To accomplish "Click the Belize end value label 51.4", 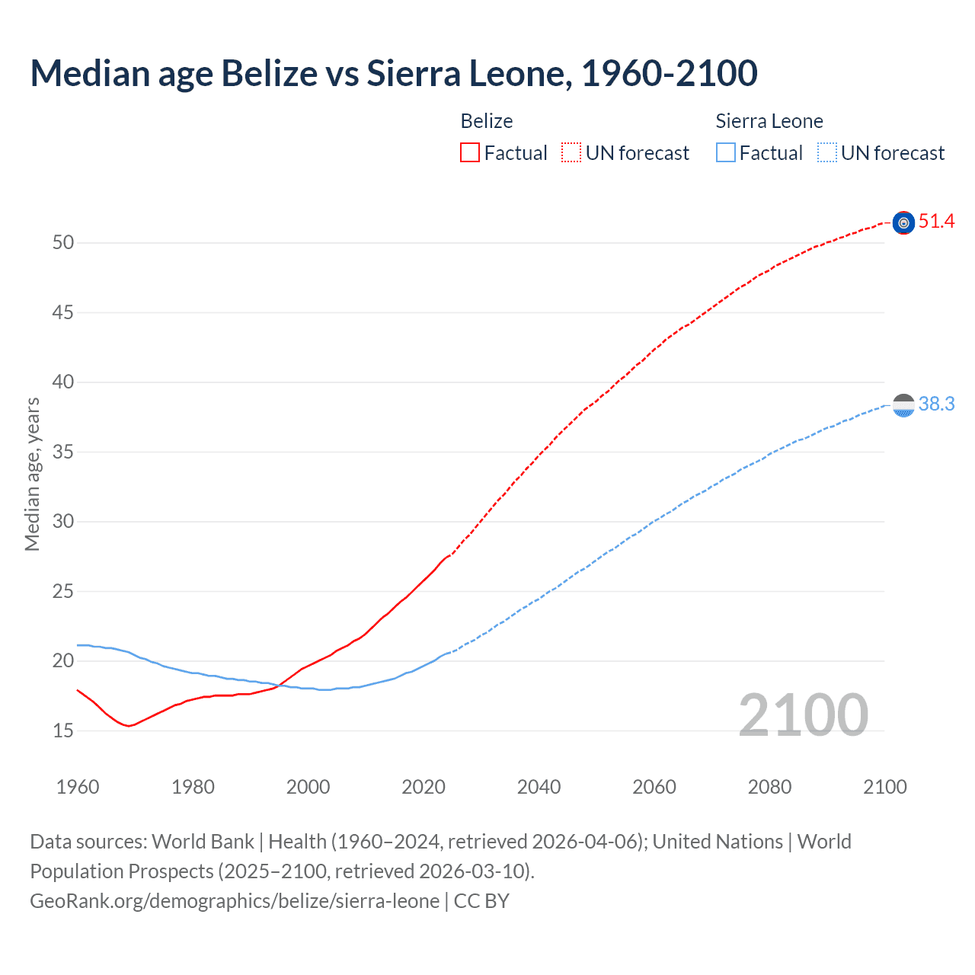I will (936, 222).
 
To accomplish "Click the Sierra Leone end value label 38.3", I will (936, 404).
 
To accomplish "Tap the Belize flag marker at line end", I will (903, 222).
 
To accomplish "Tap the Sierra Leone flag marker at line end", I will (903, 405).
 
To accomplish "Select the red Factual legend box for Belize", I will (470, 153).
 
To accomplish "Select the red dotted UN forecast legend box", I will (571, 153).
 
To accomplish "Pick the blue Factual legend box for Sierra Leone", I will (725, 153).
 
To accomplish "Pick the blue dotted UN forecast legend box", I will (826, 153).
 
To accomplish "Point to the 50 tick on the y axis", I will (63, 243).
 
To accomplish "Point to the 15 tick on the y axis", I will (63, 730).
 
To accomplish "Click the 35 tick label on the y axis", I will (63, 452).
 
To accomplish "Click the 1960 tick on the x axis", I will (78, 787).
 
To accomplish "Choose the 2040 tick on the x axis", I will (539, 787).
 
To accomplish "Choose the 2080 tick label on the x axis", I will (769, 787).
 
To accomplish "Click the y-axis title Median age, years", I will (32, 474).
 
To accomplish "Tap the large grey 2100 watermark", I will (803, 714).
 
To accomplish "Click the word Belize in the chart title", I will (269, 73).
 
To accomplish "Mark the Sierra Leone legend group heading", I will (769, 121).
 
